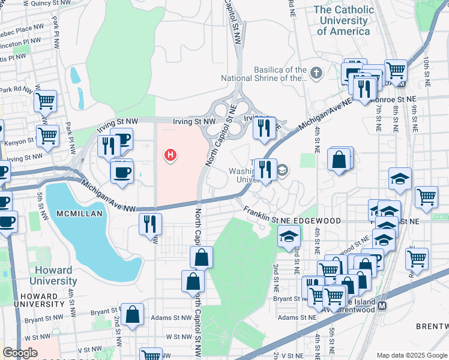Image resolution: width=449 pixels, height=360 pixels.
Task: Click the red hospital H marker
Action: (171, 155)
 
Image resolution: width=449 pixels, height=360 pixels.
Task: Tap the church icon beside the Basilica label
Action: (316, 74)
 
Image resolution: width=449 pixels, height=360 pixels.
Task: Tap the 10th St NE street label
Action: (426, 68)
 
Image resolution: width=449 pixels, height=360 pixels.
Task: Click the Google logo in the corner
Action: (20, 353)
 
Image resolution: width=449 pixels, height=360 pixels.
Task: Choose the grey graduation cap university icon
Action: (282, 171)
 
